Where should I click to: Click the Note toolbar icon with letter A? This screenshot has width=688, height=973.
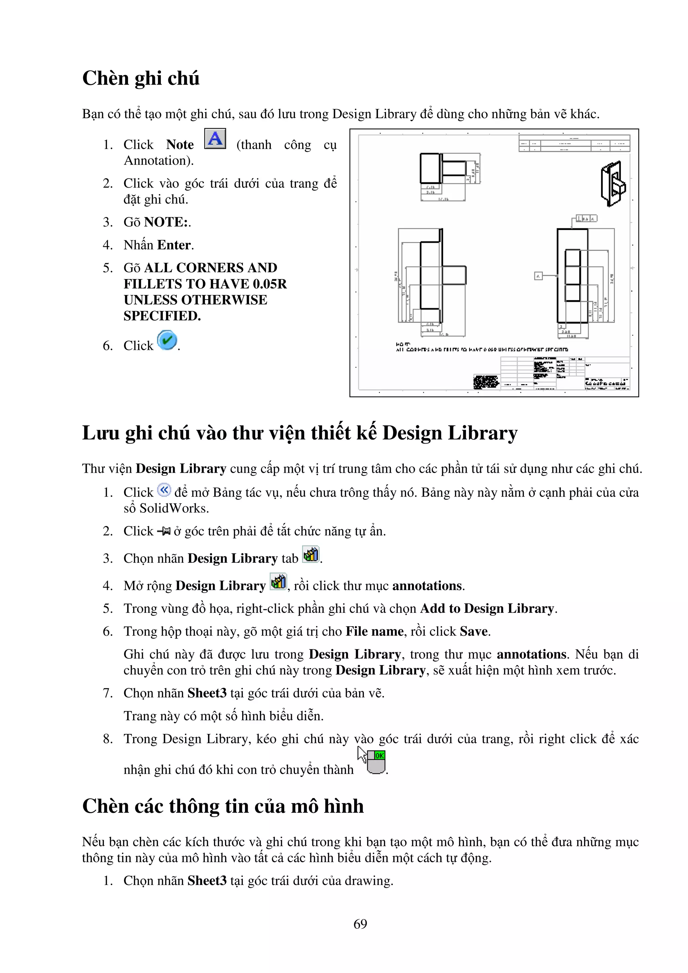(215, 139)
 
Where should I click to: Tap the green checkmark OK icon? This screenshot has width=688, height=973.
(167, 340)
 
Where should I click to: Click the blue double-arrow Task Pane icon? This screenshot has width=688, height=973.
(164, 490)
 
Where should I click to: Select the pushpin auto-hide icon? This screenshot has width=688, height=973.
(164, 531)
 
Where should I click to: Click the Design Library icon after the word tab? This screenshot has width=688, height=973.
(311, 554)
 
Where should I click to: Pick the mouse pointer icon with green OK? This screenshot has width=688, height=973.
(372, 761)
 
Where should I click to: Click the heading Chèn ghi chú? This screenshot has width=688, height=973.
(141, 79)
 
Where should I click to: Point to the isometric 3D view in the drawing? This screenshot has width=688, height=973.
(613, 184)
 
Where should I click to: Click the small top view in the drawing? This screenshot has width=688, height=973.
(443, 169)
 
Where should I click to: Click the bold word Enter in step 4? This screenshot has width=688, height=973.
(174, 245)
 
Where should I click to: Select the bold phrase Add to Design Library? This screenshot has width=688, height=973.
(487, 609)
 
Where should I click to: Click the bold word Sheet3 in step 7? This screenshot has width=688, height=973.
(207, 693)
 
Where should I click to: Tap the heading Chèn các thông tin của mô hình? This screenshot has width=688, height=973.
(223, 806)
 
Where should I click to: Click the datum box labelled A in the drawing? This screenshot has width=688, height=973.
(538, 276)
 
